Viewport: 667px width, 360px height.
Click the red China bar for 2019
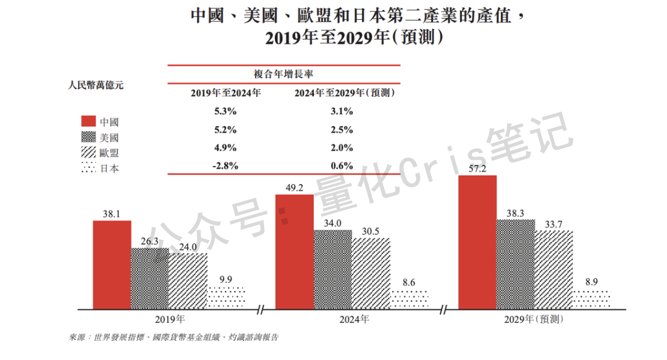tap(112, 264)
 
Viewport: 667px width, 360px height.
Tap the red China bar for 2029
tap(477, 241)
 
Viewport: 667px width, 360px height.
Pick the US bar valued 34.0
tap(332, 269)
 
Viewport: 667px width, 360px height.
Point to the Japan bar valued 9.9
tap(227, 298)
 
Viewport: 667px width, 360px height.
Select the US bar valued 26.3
tap(149, 278)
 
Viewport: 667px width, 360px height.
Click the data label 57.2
tap(478, 167)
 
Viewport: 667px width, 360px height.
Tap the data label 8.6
tap(408, 283)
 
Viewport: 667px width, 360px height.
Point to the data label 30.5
tap(371, 231)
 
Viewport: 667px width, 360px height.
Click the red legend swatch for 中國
tap(88, 121)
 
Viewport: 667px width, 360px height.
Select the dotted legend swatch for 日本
tap(88, 168)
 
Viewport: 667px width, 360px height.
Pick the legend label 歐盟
tap(109, 153)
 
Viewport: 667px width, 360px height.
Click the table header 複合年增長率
tap(283, 73)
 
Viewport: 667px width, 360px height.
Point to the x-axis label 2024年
tap(354, 320)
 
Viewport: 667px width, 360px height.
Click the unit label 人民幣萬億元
tap(96, 86)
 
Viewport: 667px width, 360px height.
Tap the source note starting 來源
tap(174, 338)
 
